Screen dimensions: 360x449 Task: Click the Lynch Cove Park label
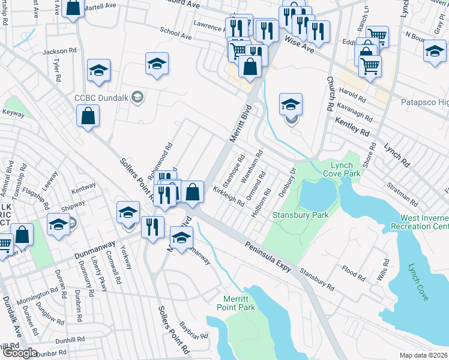[x=345, y=169]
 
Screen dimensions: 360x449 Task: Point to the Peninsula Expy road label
[x=268, y=257]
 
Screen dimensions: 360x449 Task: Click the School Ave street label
[x=176, y=34]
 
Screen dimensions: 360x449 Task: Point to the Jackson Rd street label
[x=60, y=52]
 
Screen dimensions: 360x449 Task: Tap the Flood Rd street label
[x=353, y=274]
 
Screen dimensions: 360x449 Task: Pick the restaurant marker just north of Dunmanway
[x=152, y=226]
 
